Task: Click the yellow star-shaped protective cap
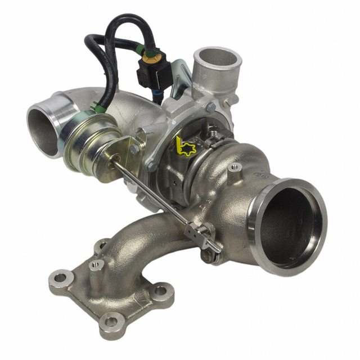coord(185,147)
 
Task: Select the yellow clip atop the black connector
coord(150,57)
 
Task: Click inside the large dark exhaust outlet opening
coord(290,225)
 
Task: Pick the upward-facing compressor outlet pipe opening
coord(217,57)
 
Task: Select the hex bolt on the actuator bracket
coord(135,149)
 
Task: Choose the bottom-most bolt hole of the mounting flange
coord(113,321)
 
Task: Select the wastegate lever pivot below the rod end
coord(207,256)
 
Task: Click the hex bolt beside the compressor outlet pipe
coord(210,107)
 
